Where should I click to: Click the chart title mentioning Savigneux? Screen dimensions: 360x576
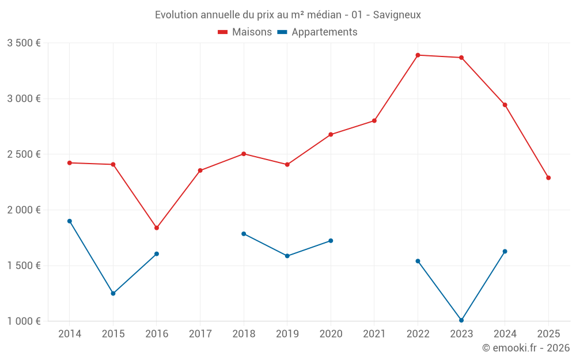287,14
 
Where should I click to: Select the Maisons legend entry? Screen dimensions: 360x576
245,32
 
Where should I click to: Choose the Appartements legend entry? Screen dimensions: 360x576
317,32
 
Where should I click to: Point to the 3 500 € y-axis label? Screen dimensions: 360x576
24,43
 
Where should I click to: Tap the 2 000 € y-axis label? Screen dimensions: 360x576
24,210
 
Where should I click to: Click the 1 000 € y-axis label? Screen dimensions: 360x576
24,321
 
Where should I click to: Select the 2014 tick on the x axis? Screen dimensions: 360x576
70,334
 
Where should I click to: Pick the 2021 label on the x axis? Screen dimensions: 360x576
374,334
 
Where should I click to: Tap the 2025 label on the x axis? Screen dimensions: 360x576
548,334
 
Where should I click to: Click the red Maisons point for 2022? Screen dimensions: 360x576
418,55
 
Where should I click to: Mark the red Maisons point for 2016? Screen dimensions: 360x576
157,228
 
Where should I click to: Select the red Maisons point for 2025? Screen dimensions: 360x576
548,178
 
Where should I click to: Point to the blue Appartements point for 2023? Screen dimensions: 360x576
461,320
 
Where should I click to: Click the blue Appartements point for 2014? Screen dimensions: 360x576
70,221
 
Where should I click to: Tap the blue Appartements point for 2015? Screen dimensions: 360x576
113,294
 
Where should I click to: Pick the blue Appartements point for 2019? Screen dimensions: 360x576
287,256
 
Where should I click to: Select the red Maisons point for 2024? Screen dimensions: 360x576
505,105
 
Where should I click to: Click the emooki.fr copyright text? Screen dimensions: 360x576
525,348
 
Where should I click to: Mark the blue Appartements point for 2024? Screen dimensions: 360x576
505,251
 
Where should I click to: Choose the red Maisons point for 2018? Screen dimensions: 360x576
244,154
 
